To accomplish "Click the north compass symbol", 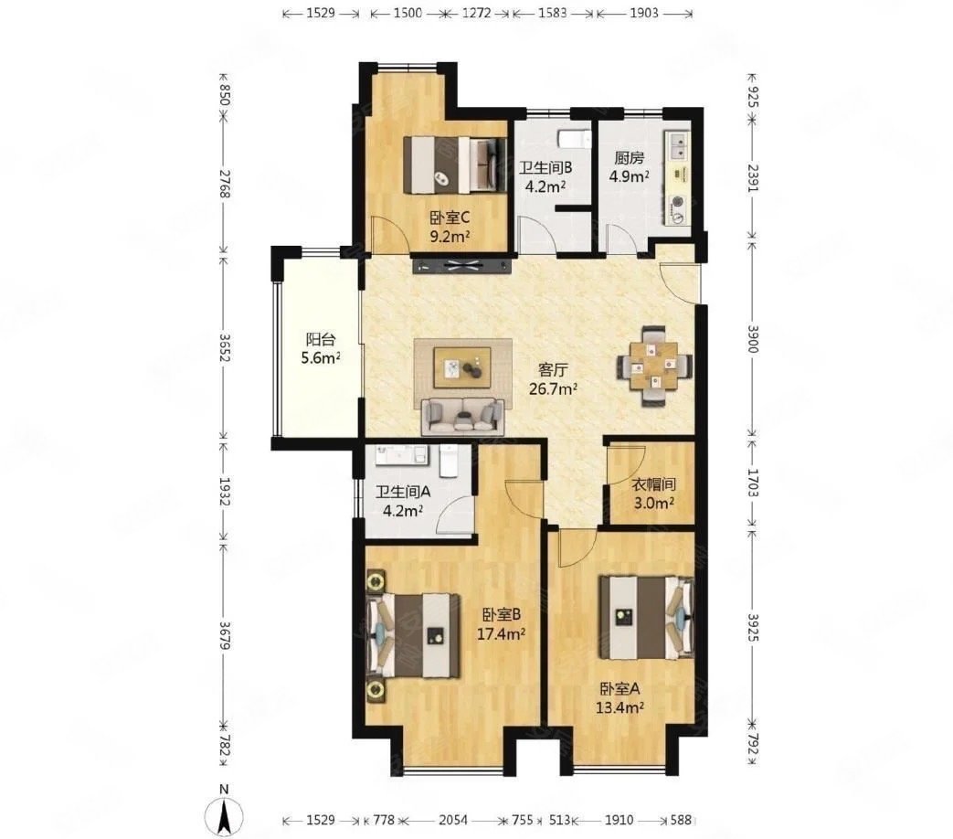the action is pyautogui.click(x=224, y=812).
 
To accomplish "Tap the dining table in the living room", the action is pyautogui.click(x=654, y=366).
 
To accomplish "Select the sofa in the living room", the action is pyautogui.click(x=462, y=417).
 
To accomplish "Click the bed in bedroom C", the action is pyautogui.click(x=456, y=165).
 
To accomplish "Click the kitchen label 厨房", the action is pyautogui.click(x=629, y=158).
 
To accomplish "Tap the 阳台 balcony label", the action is pyautogui.click(x=321, y=339).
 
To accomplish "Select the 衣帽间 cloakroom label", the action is pyautogui.click(x=653, y=484).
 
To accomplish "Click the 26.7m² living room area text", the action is pyautogui.click(x=553, y=388).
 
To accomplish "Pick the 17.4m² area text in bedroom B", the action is pyautogui.click(x=501, y=634).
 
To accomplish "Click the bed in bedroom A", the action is pyautogui.click(x=646, y=617).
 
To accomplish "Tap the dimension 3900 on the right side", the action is pyautogui.click(x=753, y=339).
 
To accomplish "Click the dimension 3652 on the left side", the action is pyautogui.click(x=224, y=347).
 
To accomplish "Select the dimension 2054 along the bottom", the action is pyautogui.click(x=453, y=820).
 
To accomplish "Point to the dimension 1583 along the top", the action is pyautogui.click(x=552, y=13).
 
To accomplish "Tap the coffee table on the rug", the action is pyautogui.click(x=462, y=367).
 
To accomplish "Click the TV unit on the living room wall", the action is pyautogui.click(x=462, y=265).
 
